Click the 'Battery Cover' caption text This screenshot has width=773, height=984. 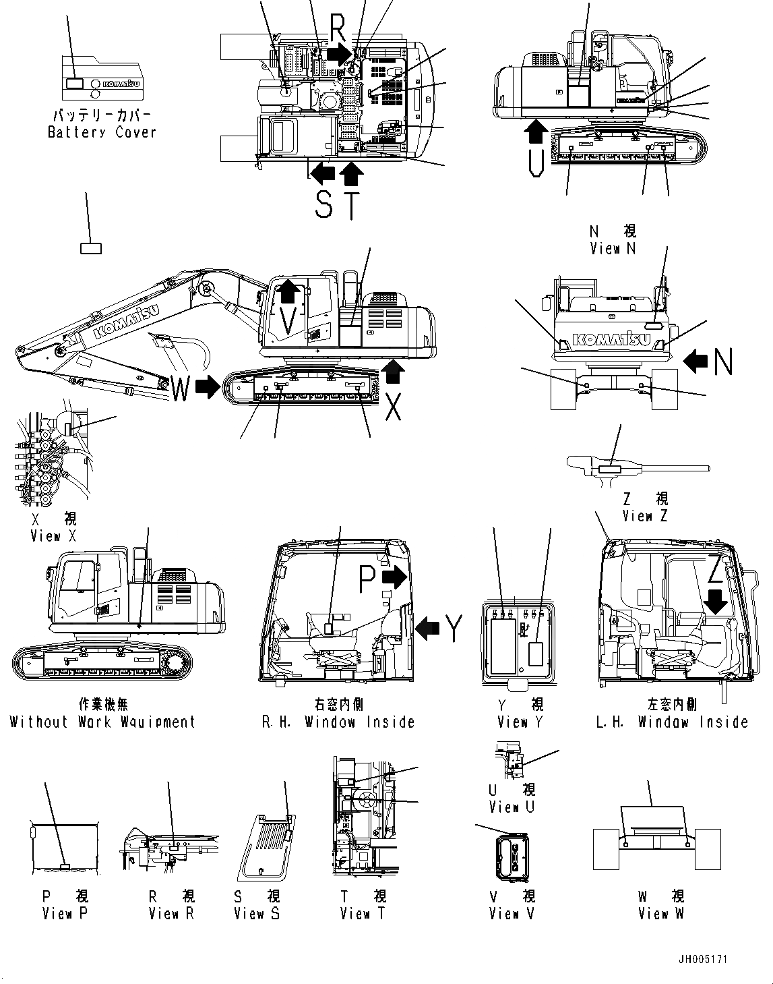click(x=102, y=132)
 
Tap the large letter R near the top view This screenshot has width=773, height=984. click(x=338, y=29)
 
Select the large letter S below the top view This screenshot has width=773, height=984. click(x=324, y=204)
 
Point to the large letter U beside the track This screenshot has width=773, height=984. click(x=536, y=163)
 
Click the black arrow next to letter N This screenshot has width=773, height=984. click(x=695, y=361)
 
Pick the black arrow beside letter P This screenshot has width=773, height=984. click(x=395, y=577)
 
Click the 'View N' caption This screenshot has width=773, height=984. click(x=613, y=249)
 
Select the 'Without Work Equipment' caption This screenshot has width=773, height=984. click(x=102, y=722)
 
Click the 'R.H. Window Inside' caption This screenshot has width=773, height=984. click(x=338, y=722)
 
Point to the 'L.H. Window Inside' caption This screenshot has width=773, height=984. click(x=672, y=722)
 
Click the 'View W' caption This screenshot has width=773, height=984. click(x=661, y=914)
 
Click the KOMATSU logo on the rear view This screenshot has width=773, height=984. click(x=612, y=340)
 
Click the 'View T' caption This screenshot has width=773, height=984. click(x=363, y=914)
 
